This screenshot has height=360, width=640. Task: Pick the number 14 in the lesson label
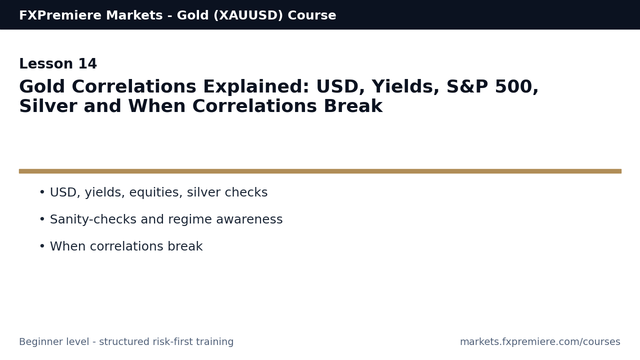[x=87, y=64]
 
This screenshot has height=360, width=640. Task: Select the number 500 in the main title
[x=517, y=87]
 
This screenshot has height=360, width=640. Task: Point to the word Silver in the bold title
[x=48, y=107]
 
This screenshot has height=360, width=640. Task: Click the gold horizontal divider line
[x=320, y=171]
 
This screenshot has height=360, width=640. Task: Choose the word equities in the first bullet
[x=155, y=193]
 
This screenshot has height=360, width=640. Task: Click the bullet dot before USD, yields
[x=42, y=192]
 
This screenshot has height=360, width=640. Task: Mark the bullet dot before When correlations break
[x=42, y=246]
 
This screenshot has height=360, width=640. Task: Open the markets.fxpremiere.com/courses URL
[x=540, y=342]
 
